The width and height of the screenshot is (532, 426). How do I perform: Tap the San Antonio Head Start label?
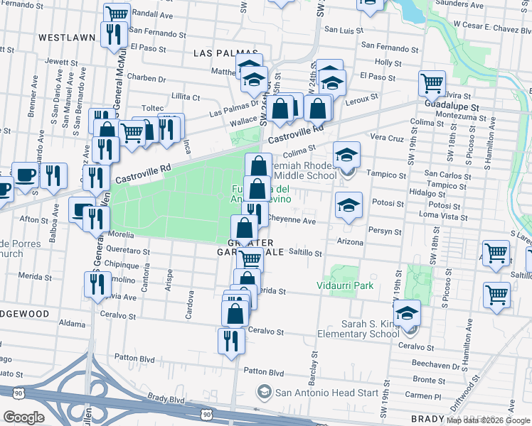coord(313,391)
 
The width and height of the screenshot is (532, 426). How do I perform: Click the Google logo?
coord(23,417)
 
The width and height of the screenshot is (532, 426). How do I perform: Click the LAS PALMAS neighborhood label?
coord(221,53)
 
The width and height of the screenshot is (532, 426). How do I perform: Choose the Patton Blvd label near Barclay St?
coord(263,372)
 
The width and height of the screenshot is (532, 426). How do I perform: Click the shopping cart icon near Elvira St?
coord(432,82)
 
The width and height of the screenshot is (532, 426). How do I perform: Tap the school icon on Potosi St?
coord(349,205)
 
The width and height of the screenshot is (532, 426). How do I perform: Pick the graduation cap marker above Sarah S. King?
coord(406,312)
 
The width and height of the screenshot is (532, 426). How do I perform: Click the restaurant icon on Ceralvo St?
coord(231,340)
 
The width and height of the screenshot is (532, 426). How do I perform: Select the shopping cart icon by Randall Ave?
coord(117,14)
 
